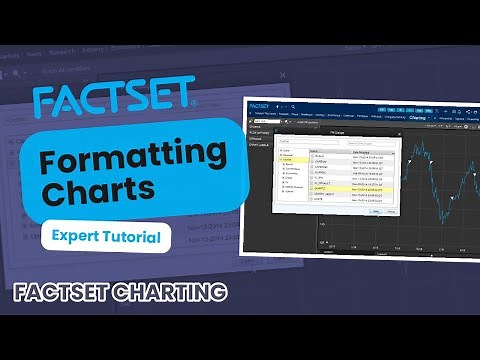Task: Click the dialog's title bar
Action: [330, 130]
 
